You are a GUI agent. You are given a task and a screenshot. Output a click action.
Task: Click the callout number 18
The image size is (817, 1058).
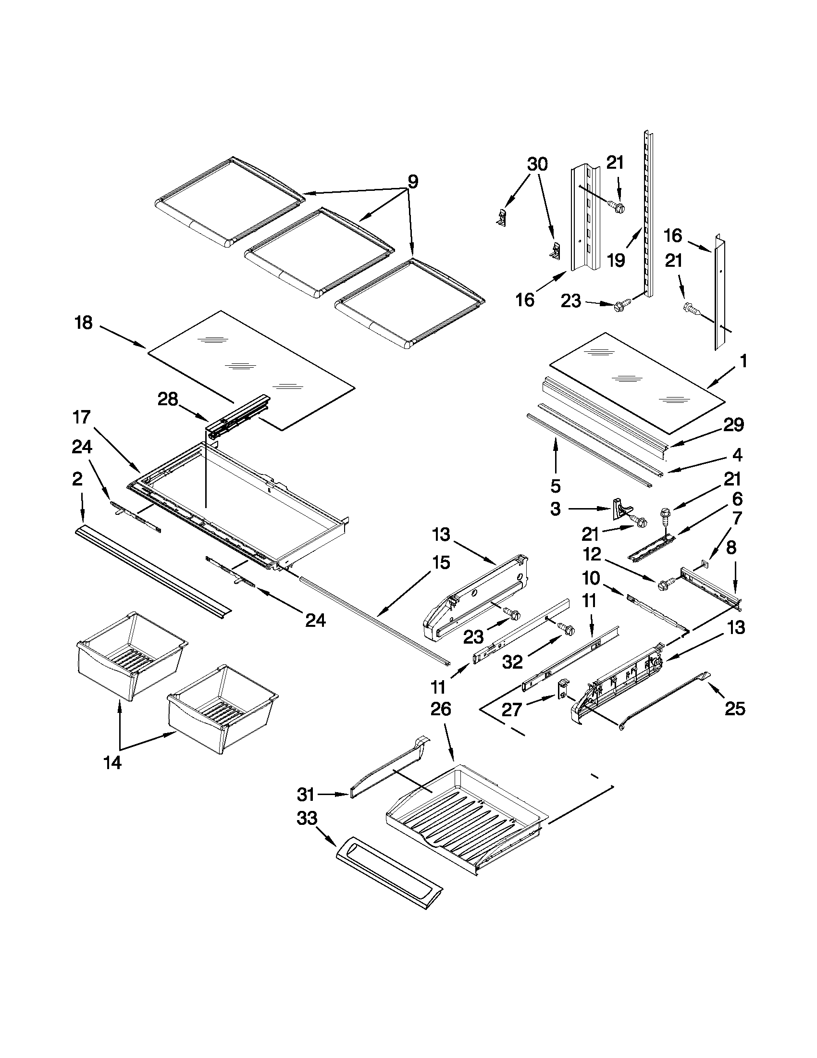tap(84, 323)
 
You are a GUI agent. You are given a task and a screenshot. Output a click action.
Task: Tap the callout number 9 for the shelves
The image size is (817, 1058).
tap(413, 182)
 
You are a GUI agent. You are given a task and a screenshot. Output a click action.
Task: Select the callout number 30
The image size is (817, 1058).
tap(537, 164)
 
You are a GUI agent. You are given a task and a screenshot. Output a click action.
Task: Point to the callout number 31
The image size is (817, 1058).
tap(306, 795)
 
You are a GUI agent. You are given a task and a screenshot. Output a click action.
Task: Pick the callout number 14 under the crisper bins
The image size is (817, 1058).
tap(112, 763)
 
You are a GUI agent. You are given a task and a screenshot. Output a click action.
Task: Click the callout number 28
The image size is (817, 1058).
tap(168, 399)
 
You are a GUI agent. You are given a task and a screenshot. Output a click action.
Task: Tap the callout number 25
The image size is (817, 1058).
tap(735, 709)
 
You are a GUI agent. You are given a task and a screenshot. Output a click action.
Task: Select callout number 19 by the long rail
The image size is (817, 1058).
tap(616, 261)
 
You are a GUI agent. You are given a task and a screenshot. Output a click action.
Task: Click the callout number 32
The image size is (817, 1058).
tap(512, 662)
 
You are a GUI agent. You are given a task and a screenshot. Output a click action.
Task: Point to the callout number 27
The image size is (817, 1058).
tap(511, 709)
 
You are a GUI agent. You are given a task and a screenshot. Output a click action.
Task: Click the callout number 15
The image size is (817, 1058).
tap(439, 562)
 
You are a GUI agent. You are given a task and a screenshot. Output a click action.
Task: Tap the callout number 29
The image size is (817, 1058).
tap(733, 425)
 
